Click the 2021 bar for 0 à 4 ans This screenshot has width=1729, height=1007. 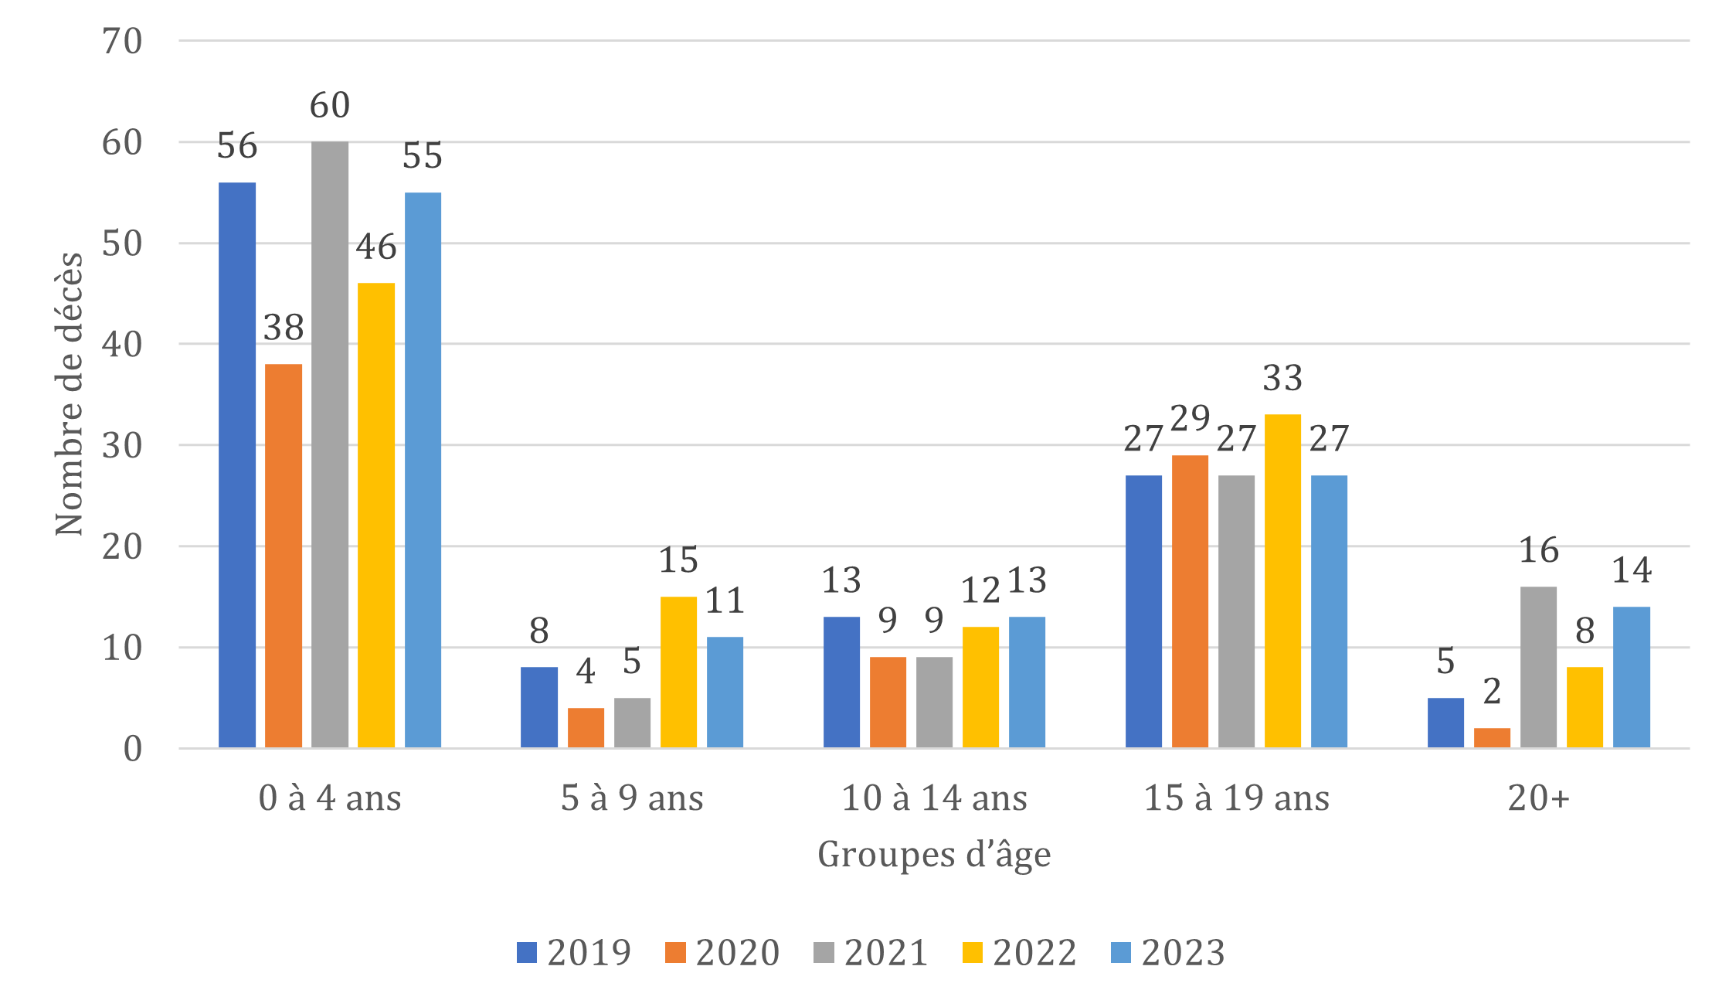330,444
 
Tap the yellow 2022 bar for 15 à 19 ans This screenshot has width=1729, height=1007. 1282,580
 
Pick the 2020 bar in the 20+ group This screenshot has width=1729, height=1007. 1492,737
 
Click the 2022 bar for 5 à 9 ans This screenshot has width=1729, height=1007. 678,672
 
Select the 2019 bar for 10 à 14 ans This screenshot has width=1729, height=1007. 841,682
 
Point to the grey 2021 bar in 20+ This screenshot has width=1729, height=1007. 1538,666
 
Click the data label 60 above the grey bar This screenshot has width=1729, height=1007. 330,106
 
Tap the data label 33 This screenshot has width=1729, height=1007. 1282,379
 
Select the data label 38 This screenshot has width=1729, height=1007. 284,328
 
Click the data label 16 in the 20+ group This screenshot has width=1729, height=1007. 1538,551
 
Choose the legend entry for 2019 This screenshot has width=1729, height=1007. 574,952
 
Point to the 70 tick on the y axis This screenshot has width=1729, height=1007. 122,42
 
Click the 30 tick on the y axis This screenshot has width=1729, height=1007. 122,446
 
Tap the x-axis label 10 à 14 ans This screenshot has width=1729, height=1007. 934,798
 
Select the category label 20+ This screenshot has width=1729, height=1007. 1538,798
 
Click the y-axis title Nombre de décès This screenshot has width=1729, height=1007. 70,393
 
